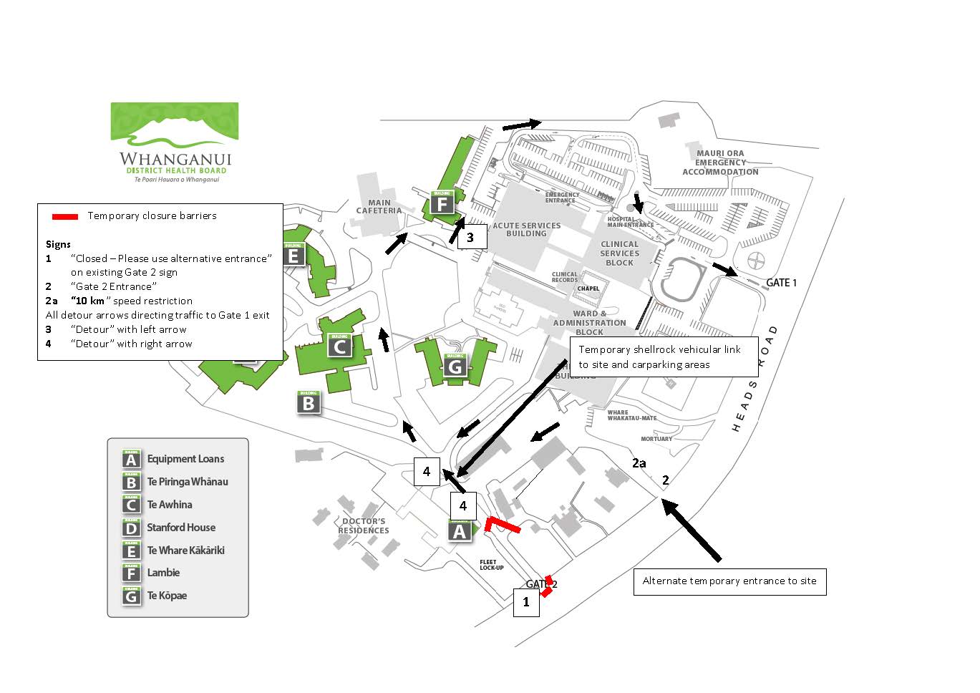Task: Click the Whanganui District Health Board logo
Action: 175,142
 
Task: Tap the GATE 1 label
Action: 781,283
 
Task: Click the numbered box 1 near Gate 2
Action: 526,602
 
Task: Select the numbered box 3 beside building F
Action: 470,238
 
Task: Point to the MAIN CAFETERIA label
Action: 379,207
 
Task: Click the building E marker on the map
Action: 293,254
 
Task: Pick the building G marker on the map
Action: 455,366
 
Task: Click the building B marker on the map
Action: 309,402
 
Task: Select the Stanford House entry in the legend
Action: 180,528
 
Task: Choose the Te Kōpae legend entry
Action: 166,596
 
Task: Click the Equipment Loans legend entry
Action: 185,459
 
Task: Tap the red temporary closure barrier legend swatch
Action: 64,216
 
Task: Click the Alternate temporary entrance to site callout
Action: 729,581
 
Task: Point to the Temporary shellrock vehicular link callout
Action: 664,357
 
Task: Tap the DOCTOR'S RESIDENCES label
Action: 364,526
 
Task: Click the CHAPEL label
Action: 588,289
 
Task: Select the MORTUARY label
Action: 656,439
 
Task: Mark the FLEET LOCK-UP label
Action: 492,565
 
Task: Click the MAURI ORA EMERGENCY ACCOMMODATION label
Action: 720,163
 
